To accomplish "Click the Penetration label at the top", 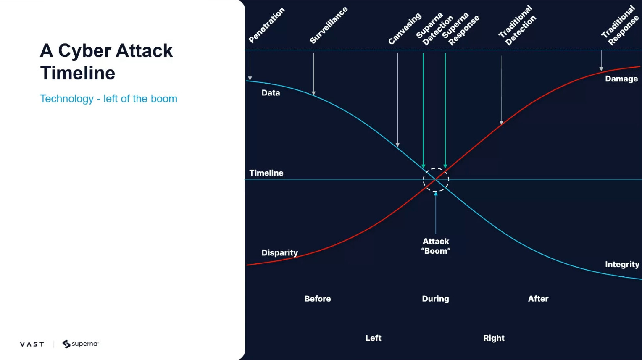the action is [266, 25].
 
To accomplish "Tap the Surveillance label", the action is [329, 25].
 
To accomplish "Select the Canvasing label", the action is [405, 29].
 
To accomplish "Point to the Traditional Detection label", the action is [517, 26].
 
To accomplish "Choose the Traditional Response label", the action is [620, 26].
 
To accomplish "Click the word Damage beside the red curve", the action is [621, 79].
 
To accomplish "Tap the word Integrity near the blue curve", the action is [622, 264].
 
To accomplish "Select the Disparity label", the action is [280, 253].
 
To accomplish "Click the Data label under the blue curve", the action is [271, 93].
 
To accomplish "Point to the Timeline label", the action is [266, 173].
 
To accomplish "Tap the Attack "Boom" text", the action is [436, 246].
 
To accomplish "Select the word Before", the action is [318, 299].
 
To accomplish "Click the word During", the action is [435, 299].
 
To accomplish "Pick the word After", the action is [538, 299].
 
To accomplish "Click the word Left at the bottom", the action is [373, 338].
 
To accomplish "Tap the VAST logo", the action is [32, 344].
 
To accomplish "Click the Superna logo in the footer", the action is [80, 344].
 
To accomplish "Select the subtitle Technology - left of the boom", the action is [108, 99].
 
